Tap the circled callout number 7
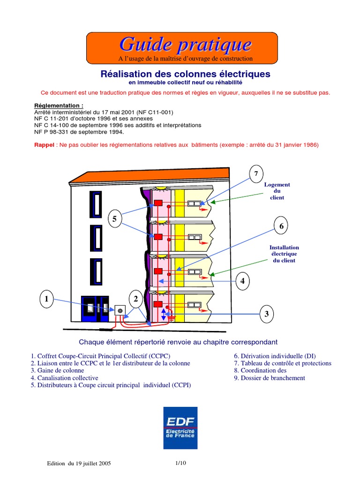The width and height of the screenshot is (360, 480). point(256,175)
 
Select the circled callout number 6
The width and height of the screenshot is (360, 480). point(281,226)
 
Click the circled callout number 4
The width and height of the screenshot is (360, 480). point(242,281)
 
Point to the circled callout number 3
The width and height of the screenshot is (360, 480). point(266,314)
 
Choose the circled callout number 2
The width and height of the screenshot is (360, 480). point(136,299)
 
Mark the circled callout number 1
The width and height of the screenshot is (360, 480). point(46,299)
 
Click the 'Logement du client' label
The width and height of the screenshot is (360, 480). point(277,191)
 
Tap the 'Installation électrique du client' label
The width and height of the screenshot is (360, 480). point(284,254)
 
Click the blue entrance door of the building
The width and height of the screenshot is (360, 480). point(95,308)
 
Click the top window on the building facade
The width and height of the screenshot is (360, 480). point(97,204)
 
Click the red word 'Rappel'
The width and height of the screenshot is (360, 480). point(45,145)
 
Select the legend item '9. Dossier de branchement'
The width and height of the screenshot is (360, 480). point(269,378)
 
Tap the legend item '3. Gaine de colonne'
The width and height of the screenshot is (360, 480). point(59,370)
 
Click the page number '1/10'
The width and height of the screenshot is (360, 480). point(180,463)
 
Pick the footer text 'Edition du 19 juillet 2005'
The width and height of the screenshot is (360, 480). point(79,463)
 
